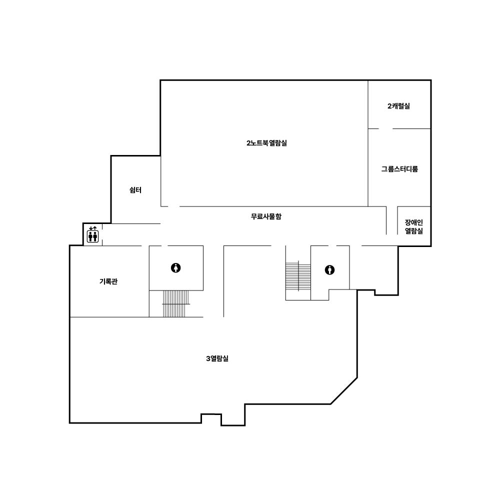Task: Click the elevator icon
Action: click(x=93, y=236)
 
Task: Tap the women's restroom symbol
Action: click(x=175, y=268)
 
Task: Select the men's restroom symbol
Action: click(x=329, y=270)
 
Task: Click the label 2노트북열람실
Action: click(x=266, y=143)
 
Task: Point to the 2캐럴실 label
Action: click(x=398, y=106)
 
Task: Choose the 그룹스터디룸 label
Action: click(x=399, y=169)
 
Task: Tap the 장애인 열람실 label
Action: click(x=414, y=226)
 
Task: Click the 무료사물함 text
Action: click(x=266, y=216)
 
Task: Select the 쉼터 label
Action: click(x=135, y=190)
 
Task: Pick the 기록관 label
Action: click(x=108, y=281)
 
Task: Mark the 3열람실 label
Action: click(x=217, y=358)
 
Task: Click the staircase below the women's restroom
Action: click(x=176, y=304)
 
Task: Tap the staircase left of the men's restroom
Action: click(x=298, y=276)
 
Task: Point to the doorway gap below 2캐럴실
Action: click(x=385, y=129)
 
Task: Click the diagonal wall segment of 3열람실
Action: click(x=344, y=391)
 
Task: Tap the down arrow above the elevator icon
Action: click(x=91, y=228)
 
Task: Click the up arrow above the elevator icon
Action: click(x=94, y=228)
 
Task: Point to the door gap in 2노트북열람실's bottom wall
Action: click(x=174, y=206)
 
